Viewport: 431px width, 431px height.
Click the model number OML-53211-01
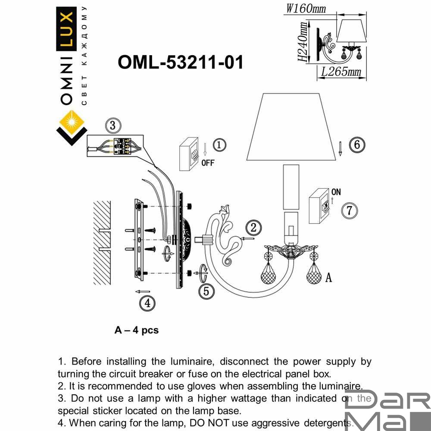coord(181,62)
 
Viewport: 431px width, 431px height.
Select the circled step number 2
coord(254,228)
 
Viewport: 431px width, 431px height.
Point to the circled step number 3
coord(112,126)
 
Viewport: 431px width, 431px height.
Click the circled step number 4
coord(147,303)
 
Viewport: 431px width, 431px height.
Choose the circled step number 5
coord(206,291)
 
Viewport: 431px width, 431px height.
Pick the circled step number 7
coord(350,211)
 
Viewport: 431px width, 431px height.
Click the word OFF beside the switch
coord(207,163)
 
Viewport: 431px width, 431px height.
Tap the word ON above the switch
coord(336,192)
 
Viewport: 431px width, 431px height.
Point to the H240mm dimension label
coord(304,43)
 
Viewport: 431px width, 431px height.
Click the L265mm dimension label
coord(340,72)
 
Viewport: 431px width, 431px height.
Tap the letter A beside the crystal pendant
coord(328,278)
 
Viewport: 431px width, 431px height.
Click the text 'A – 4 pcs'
coord(137,330)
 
